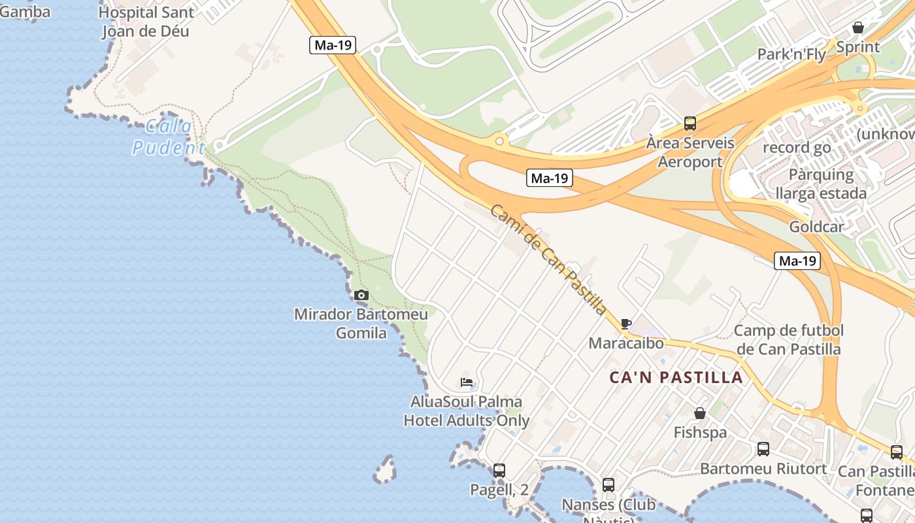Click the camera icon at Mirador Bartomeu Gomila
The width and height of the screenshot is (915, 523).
361,295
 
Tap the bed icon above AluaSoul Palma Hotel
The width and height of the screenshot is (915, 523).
467,382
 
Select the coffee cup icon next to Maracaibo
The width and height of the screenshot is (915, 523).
625,324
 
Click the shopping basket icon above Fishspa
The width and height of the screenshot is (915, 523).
700,413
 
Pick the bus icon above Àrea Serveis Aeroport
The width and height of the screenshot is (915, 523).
690,123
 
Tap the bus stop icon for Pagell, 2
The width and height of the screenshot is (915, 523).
499,470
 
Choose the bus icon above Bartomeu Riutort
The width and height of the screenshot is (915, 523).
763,449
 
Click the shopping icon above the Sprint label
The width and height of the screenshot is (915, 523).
858,27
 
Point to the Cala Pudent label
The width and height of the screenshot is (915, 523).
169,137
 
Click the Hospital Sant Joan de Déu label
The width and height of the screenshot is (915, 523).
146,22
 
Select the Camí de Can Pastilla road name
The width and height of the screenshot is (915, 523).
548,260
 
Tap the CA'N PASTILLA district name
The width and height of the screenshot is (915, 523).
676,377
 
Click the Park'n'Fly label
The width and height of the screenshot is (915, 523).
791,54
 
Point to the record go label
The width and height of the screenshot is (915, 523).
797,148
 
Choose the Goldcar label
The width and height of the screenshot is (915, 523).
816,227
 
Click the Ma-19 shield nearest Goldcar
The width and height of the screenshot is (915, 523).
798,261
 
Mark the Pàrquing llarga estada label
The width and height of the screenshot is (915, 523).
821,184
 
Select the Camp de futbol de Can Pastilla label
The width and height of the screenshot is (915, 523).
788,339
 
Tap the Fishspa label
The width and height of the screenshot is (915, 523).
700,432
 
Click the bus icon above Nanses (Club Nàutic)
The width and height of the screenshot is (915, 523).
608,485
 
